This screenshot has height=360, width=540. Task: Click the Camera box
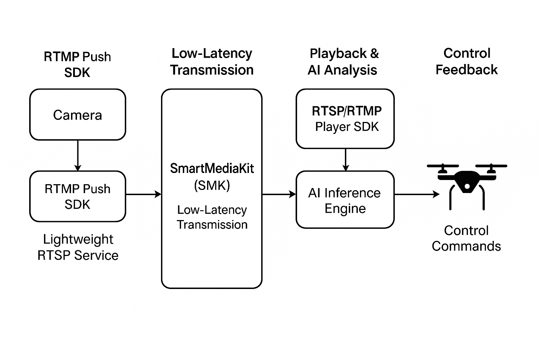coord(77,115)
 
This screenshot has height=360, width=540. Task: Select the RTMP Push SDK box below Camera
coord(77,196)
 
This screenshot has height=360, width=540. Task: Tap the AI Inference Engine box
coord(345,200)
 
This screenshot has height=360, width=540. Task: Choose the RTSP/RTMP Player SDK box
coord(345,118)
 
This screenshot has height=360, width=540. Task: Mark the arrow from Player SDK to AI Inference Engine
coord(346,160)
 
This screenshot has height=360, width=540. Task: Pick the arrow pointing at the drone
coord(417,194)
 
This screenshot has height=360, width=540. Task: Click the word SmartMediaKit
coord(212,168)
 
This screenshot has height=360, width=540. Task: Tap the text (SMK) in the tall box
coord(212,185)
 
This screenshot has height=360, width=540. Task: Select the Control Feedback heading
coord(467,62)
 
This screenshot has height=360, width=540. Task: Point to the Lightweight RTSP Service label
coord(78,247)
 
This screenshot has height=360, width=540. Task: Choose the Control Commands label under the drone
coord(466,238)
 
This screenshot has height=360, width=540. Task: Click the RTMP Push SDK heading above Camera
coord(77,64)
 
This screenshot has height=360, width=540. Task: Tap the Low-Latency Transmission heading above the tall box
coord(212,62)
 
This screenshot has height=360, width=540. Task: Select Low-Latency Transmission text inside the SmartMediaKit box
coord(212,217)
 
